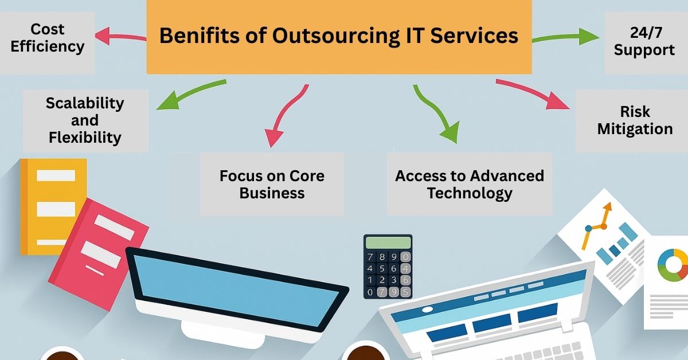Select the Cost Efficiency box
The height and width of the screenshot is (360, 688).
click(47, 42)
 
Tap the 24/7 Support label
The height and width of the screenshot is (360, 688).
click(644, 41)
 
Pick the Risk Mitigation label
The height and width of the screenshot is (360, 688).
click(635, 120)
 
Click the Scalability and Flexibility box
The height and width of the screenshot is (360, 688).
click(85, 121)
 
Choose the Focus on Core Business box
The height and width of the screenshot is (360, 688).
click(272, 184)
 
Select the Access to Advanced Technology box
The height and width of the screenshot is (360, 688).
click(470, 184)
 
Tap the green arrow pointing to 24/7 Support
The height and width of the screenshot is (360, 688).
click(565, 37)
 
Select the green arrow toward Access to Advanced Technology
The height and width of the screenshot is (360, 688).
click(436, 114)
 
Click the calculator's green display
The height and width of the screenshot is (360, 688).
click(388, 242)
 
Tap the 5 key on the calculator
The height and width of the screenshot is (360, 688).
click(382, 268)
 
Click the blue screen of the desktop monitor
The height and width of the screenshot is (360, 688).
click(236, 289)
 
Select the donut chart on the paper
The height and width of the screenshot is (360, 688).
click(673, 265)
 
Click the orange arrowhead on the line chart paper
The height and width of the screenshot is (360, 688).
click(607, 207)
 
